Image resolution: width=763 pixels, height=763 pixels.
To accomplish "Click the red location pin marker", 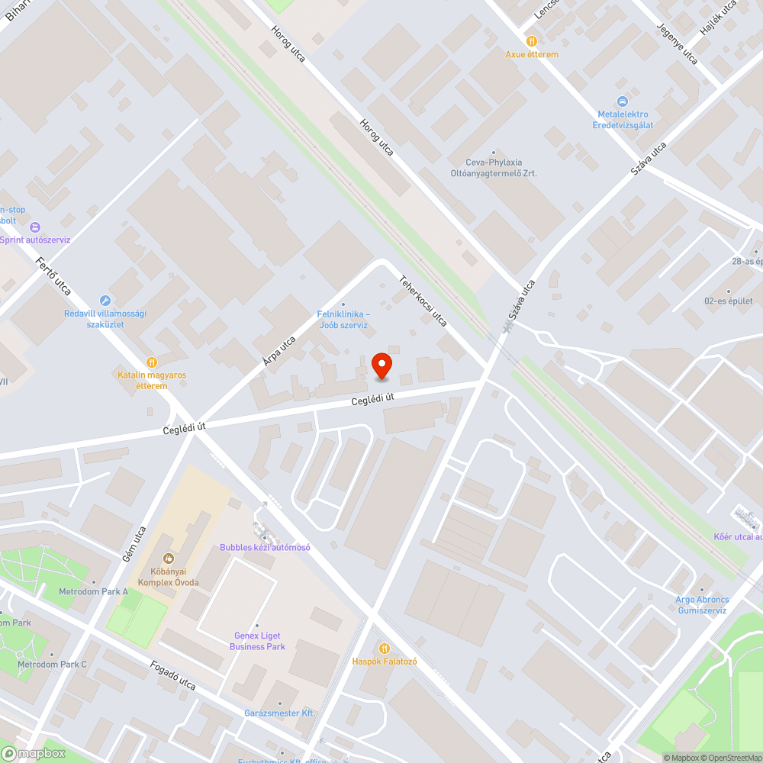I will [381, 365].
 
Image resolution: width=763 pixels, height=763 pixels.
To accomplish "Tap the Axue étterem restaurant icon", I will [532, 41].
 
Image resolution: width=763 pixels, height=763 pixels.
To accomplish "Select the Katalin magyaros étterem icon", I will [152, 362].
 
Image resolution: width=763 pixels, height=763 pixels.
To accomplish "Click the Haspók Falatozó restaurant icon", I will [384, 648].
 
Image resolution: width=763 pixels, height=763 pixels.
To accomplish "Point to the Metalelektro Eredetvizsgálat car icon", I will [623, 101].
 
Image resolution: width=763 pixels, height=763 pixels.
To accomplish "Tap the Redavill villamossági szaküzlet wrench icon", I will [105, 301].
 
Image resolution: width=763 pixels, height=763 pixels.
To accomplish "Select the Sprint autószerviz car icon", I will [34, 227].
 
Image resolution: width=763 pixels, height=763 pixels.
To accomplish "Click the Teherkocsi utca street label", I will [423, 301].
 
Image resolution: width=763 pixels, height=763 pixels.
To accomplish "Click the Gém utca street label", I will [134, 545].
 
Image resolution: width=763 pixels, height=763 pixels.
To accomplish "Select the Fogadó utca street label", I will [172, 676].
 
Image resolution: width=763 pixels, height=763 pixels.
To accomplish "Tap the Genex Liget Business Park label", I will [257, 642].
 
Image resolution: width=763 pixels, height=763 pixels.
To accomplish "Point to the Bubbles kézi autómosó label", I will [265, 547].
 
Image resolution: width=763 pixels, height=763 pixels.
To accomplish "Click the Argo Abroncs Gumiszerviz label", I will [701, 605].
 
